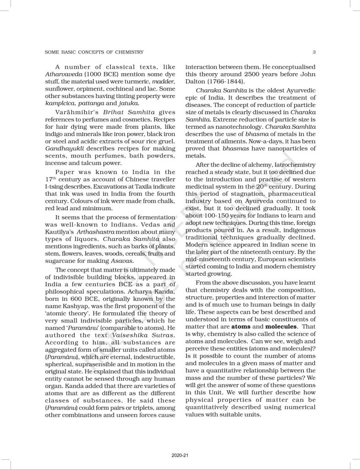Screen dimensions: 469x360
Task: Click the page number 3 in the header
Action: coord(312,52)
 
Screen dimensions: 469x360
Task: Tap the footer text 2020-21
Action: coord(180,455)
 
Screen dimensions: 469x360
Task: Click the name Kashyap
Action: coord(70,299)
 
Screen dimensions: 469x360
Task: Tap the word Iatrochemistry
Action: coord(292,164)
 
